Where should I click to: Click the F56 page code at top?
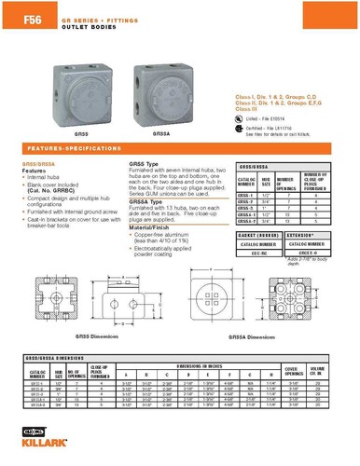(19, 12)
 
